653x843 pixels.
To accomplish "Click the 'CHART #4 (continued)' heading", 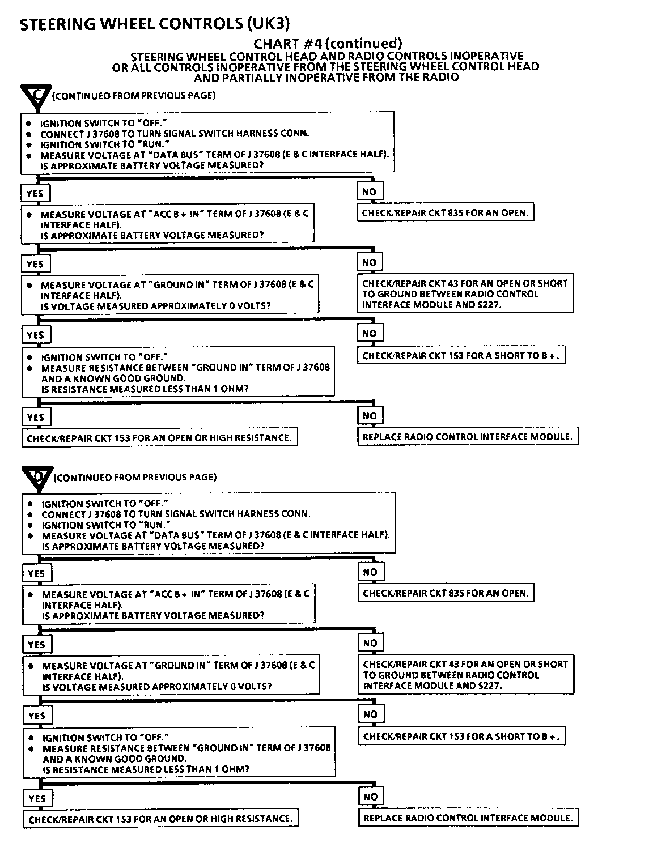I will (x=327, y=43).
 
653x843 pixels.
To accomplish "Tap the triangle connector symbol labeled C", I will (x=35, y=96).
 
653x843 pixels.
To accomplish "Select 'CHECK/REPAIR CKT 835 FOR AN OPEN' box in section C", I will (x=446, y=213).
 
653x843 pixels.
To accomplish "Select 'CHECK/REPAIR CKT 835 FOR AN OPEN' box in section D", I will (x=446, y=593).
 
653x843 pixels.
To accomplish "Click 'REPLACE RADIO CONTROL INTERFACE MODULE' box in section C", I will (x=468, y=437).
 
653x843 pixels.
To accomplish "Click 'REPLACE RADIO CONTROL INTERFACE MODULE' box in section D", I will (x=468, y=818).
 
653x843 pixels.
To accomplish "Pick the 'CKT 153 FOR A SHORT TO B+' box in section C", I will (x=462, y=356).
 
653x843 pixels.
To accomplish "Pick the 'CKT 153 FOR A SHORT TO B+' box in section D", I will (x=463, y=736).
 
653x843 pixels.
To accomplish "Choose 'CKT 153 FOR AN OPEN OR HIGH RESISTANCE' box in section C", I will (x=159, y=437).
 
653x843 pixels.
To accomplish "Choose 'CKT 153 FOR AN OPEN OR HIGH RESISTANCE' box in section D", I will (x=160, y=819).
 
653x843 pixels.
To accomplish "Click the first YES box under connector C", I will (x=35, y=193).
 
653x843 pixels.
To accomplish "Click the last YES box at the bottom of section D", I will (x=37, y=798).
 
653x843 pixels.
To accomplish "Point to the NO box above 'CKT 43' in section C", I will (x=370, y=262).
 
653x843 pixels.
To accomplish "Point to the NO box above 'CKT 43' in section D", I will (x=370, y=643).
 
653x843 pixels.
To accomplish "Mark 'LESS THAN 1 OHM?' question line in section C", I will (x=145, y=389).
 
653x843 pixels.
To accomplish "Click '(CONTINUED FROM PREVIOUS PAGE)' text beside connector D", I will (x=135, y=477).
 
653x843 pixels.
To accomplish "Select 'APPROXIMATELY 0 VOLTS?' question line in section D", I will (x=157, y=687).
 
